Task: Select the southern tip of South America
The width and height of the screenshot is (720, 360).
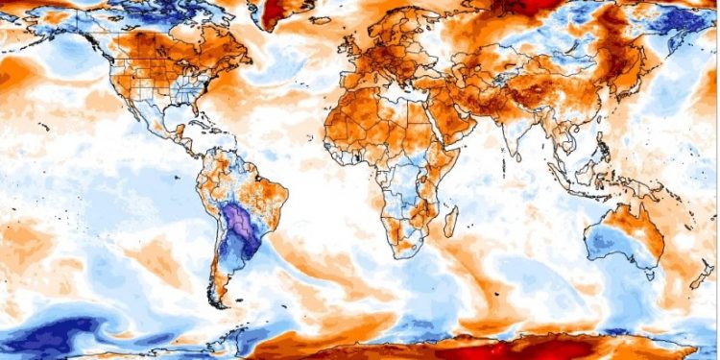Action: coord(224,300)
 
